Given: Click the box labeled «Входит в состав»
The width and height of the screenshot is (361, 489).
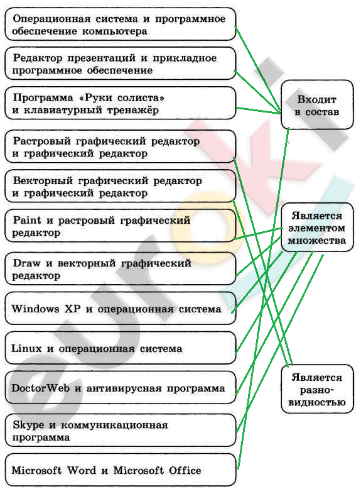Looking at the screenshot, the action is [x=317, y=105].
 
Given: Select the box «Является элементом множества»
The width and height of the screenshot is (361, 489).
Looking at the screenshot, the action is [x=317, y=228].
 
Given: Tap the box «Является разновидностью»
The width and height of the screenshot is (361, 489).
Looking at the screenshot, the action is [x=317, y=390].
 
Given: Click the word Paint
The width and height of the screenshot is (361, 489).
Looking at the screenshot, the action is [x=27, y=220].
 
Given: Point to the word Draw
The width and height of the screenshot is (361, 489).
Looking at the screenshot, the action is [x=26, y=263].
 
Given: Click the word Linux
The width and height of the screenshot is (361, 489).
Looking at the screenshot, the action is [x=26, y=348].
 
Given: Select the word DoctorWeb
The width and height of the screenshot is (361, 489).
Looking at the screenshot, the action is [x=40, y=388].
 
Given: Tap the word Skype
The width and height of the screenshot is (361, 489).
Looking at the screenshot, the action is [x=28, y=425].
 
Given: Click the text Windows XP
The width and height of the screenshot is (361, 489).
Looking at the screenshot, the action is [x=46, y=309].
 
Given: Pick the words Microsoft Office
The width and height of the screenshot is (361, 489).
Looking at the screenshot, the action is [x=157, y=470].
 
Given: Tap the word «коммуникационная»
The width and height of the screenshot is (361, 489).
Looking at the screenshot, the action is [x=114, y=425].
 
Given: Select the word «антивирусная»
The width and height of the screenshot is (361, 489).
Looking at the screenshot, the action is [x=124, y=388].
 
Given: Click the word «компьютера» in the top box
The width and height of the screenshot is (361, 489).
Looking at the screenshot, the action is [x=115, y=31].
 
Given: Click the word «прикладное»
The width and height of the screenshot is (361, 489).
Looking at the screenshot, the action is [x=185, y=58].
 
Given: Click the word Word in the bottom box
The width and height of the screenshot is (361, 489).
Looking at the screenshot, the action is [x=82, y=470].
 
